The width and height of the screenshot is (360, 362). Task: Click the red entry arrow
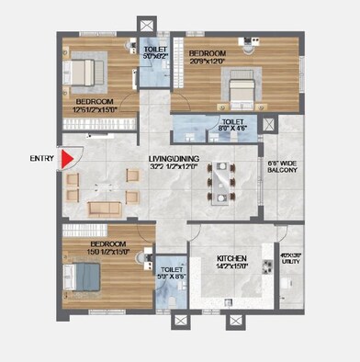click(x=65, y=159)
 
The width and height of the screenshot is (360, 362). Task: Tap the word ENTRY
click(x=41, y=159)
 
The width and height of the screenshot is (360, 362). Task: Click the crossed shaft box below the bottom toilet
click(x=180, y=322)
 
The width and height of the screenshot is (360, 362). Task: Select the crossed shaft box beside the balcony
click(x=268, y=124)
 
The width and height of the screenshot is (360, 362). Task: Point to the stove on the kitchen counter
click(x=266, y=268)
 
